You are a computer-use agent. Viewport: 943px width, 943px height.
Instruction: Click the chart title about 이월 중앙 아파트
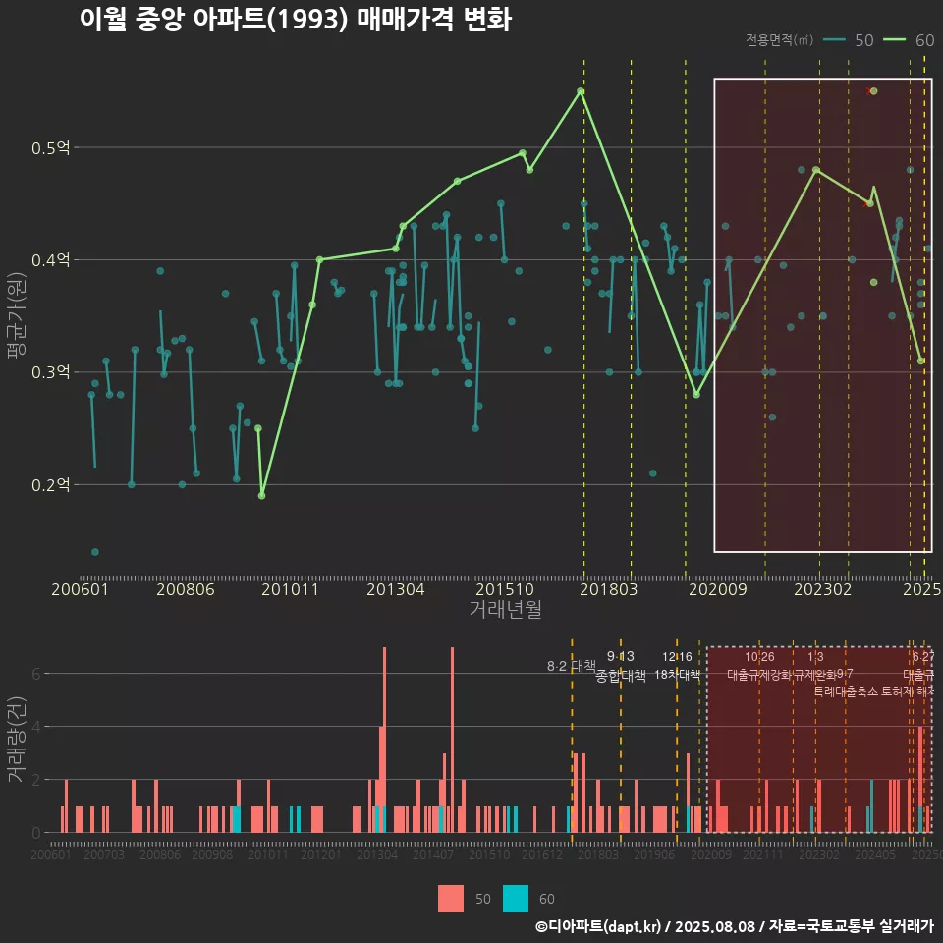click(295, 20)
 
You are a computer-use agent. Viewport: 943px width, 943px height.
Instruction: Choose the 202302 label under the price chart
click(821, 589)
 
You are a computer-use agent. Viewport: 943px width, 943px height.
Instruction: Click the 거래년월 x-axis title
click(505, 610)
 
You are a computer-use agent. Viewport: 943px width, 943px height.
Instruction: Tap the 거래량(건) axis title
click(17, 740)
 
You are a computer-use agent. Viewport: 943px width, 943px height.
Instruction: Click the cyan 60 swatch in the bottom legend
click(516, 898)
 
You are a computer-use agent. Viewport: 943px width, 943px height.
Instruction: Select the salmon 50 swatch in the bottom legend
click(451, 898)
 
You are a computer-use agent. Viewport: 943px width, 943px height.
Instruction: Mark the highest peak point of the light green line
click(581, 91)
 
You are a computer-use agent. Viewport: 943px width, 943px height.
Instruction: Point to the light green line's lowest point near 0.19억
click(261, 495)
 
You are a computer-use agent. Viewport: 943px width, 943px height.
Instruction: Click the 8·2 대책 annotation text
click(572, 666)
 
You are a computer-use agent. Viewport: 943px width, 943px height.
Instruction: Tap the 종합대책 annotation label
click(621, 676)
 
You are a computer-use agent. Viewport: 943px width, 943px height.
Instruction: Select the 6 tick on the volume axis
click(36, 675)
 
